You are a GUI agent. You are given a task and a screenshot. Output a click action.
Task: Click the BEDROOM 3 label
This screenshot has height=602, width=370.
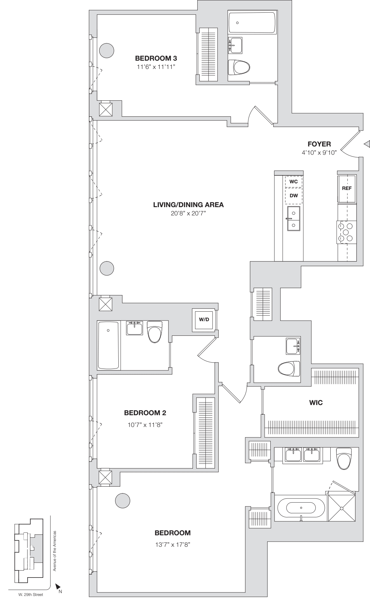point(156,58)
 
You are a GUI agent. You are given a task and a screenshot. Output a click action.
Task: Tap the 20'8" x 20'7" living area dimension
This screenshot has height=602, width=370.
point(188,213)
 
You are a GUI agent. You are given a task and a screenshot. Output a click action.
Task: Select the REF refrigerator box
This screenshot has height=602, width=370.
point(347,188)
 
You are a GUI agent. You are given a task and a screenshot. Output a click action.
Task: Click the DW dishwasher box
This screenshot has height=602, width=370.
point(294,196)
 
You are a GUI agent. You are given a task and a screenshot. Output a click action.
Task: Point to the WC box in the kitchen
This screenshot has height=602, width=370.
point(294,182)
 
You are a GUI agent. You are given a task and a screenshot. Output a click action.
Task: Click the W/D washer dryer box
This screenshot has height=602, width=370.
point(204,319)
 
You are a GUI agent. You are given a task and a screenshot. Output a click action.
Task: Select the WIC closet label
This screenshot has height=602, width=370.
point(316,403)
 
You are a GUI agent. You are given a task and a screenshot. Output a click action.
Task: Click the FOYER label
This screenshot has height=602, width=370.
point(319,144)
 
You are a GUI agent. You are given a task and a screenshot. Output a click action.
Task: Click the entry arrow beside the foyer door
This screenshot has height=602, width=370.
point(367,144)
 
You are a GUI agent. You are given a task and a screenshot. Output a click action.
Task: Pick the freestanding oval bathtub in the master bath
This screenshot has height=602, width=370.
point(301,507)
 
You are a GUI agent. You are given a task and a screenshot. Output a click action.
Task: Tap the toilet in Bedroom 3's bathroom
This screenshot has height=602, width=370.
point(239,67)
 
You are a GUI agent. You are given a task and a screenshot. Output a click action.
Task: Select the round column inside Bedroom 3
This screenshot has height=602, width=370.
point(107,50)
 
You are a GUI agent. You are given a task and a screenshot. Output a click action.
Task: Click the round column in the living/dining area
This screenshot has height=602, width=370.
point(107,269)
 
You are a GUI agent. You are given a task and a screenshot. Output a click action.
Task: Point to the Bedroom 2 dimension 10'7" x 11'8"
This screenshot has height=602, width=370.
point(145,425)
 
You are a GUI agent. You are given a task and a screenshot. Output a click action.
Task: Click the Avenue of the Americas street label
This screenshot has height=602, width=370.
point(55,551)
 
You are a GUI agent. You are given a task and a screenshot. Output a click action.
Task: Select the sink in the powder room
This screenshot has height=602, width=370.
point(293,347)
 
